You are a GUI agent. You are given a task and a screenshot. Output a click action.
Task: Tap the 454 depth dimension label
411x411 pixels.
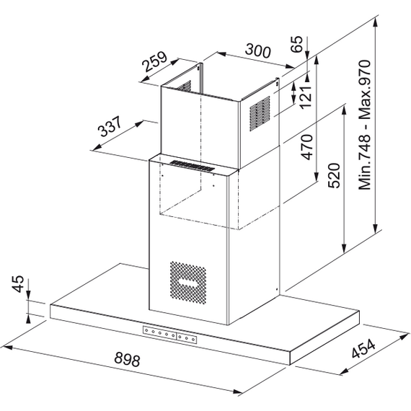(364, 348)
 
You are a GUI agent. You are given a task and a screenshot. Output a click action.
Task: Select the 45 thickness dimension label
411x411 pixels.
(18, 284)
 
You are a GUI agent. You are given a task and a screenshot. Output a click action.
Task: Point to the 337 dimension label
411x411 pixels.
(110, 126)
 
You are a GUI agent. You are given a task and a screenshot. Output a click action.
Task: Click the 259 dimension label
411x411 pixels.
(154, 62)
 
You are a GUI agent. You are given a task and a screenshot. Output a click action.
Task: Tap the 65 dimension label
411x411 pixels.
(297, 44)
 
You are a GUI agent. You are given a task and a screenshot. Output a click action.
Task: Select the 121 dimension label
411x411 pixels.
(306, 97)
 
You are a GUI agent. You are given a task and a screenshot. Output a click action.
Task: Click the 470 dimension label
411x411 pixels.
(307, 147)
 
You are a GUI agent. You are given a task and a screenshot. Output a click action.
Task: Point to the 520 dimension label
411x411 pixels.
(334, 175)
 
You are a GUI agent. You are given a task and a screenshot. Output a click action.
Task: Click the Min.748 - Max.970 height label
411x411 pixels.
(365, 125)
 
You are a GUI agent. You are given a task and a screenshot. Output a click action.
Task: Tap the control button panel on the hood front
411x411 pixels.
(169, 335)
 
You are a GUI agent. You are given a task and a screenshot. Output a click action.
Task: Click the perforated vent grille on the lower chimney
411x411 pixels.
(188, 282)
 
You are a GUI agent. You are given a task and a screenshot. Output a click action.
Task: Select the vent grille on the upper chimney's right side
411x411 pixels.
(260, 113)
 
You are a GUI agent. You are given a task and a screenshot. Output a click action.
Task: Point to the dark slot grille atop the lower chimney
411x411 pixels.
(193, 167)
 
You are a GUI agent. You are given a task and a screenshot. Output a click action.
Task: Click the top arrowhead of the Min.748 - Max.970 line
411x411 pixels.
(376, 23)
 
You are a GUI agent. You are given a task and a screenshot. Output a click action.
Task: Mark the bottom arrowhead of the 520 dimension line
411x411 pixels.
(344, 248)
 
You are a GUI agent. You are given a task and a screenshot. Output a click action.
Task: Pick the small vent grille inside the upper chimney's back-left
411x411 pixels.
(185, 87)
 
